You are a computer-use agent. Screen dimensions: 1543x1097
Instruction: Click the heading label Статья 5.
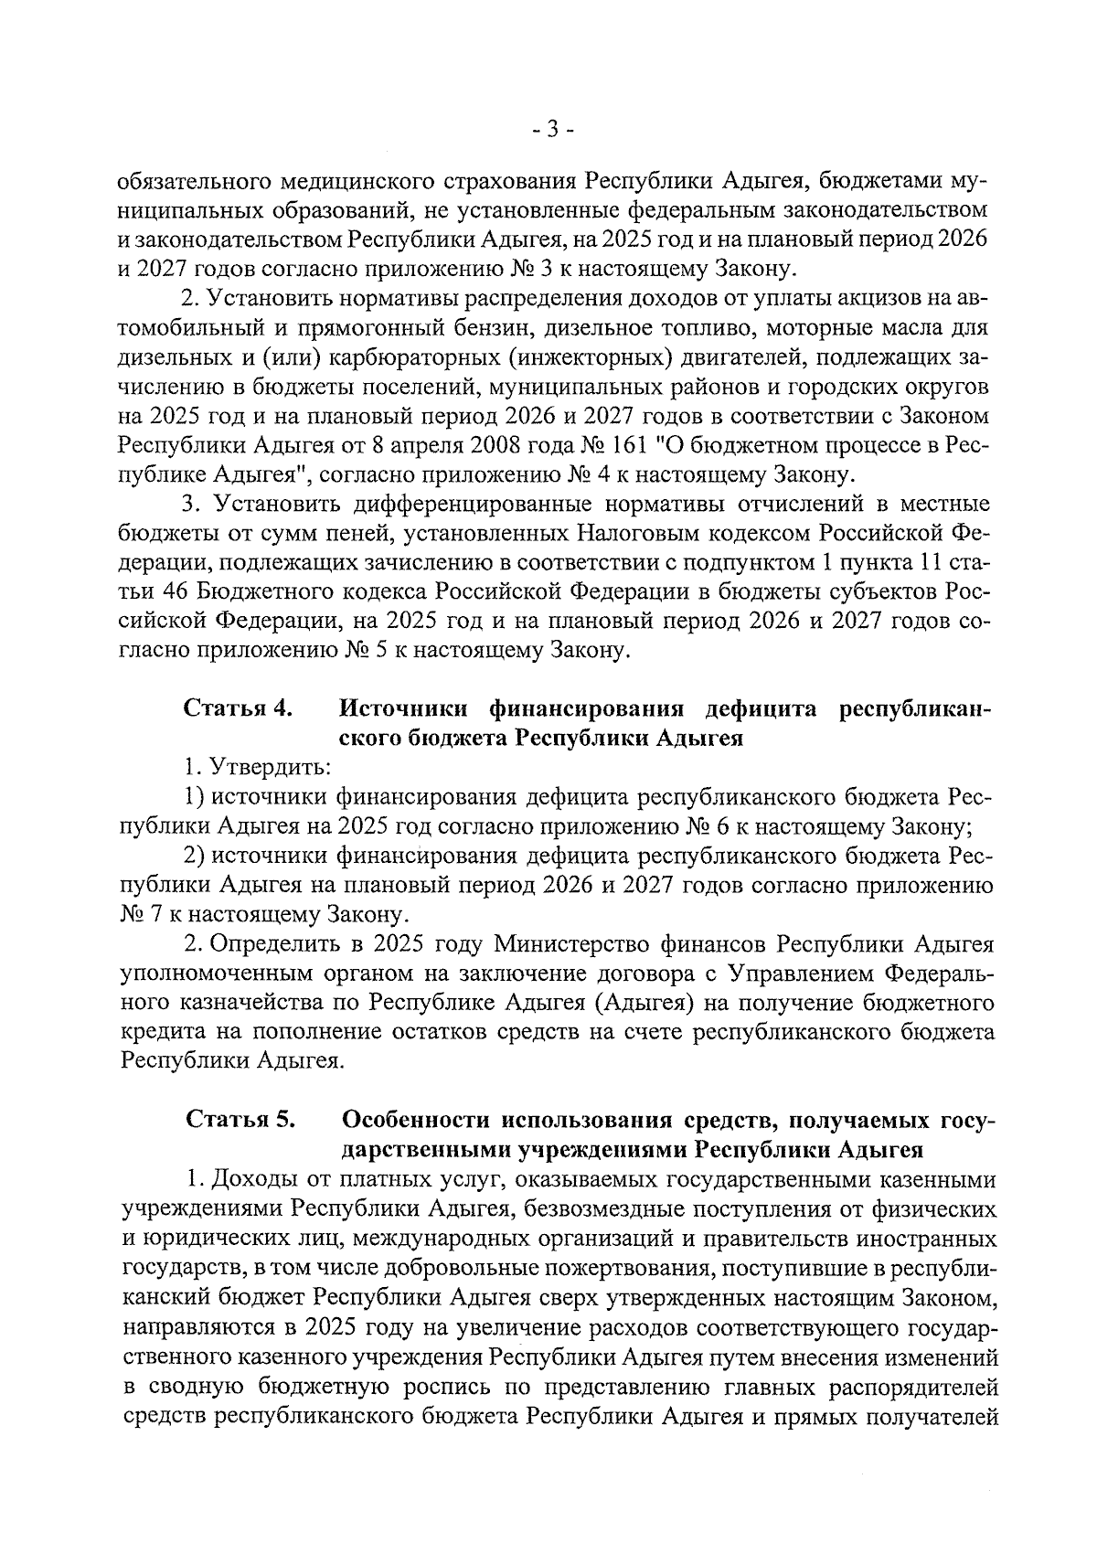pos(240,1120)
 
